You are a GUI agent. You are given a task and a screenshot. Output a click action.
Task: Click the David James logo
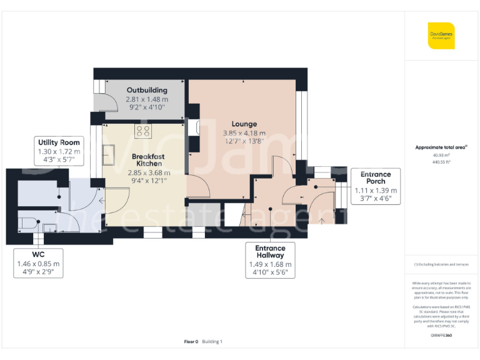(x=441, y=36)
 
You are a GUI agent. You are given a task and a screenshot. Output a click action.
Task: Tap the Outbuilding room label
(x=147, y=90)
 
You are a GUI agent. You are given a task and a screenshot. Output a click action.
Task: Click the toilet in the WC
(x=29, y=221)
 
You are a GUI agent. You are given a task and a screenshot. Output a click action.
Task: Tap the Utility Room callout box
(x=59, y=151)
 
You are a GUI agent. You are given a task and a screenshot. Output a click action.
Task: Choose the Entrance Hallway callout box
(x=269, y=261)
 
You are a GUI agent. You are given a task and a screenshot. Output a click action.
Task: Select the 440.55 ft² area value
(x=441, y=161)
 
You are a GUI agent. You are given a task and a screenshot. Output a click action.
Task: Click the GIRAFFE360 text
(x=441, y=336)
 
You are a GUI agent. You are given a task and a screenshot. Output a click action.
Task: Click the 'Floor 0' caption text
(x=191, y=341)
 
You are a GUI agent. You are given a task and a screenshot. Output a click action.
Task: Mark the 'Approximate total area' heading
(x=441, y=147)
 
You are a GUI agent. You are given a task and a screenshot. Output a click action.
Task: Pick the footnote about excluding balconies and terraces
(x=441, y=264)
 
